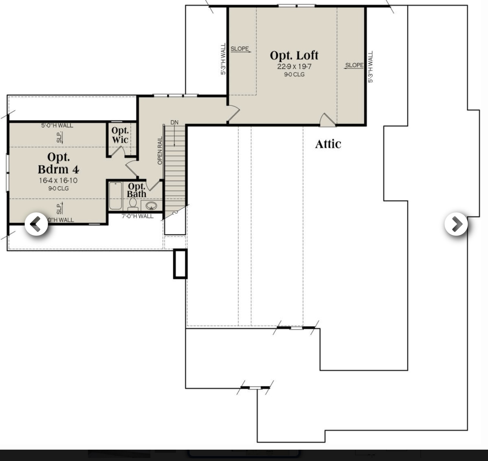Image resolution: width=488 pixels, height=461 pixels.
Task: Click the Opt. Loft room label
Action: coord(294,55)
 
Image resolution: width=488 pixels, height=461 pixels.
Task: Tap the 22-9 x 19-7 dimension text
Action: coord(294,67)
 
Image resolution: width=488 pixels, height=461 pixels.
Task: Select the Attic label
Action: coord(328,144)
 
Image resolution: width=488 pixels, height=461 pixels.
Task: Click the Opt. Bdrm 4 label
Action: coord(58,163)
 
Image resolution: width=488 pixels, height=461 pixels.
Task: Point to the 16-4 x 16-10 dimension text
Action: coord(58,181)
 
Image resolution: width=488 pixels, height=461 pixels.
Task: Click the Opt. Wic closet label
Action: coord(120,135)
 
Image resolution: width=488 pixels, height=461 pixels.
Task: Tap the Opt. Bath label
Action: coord(136,190)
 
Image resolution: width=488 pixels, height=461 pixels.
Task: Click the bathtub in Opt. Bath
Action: coord(115,196)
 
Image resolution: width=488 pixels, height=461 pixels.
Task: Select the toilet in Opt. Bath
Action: coord(132,204)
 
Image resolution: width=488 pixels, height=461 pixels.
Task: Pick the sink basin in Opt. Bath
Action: coord(151,206)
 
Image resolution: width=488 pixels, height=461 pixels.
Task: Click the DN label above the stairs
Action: coord(174,123)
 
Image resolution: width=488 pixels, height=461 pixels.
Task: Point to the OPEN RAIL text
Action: coord(160,150)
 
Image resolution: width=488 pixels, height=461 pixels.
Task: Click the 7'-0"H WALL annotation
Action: coord(137,216)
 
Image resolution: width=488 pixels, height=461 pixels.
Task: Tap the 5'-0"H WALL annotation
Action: coord(57,125)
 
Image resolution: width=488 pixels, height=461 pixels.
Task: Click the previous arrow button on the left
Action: coord(36,224)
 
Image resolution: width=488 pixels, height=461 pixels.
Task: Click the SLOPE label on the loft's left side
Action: coord(240,49)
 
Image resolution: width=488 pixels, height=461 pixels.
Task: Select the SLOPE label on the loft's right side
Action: coord(354,65)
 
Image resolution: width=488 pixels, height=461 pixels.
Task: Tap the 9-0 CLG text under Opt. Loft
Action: coord(294,75)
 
